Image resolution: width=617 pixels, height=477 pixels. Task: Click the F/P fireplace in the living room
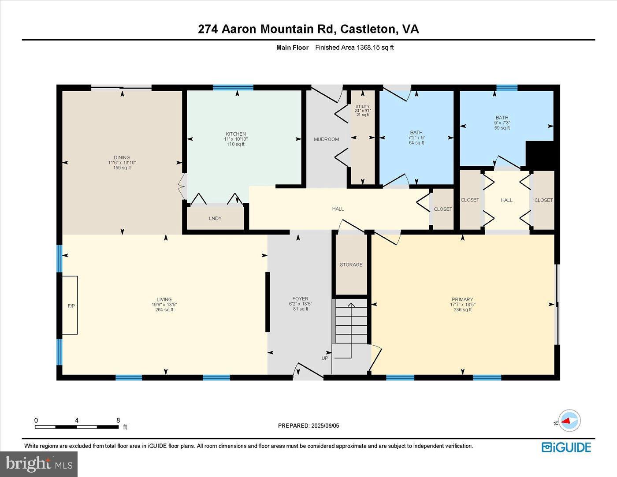70,305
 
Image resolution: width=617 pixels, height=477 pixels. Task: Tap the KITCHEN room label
236,134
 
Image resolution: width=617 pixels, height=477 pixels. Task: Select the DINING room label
122,157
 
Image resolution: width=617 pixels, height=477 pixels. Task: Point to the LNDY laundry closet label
215,218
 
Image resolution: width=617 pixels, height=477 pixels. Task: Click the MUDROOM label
326,139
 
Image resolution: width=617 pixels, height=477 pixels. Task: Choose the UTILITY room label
362,107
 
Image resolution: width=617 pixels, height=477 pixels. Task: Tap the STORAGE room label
351,265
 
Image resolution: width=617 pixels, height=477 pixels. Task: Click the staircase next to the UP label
351,321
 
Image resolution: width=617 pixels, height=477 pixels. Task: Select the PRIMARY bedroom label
462,299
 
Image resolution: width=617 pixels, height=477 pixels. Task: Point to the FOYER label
301,298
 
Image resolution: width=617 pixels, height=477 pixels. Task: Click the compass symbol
569,421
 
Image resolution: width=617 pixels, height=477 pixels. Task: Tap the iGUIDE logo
566,447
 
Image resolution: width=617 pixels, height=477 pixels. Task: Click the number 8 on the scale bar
118,420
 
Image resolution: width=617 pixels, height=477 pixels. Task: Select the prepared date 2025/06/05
308,425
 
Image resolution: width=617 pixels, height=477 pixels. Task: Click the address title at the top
308,29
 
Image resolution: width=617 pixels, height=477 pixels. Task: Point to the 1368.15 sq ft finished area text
354,48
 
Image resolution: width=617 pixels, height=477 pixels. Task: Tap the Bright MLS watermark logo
39,464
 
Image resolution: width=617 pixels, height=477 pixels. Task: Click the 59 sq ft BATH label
502,123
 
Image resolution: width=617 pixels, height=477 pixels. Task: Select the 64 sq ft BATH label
416,138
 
